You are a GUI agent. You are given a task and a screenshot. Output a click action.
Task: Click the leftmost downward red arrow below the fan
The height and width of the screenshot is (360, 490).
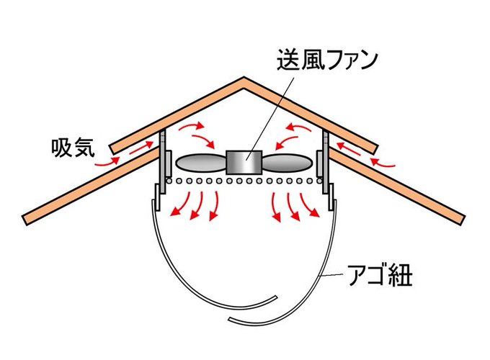pos(177,209)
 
